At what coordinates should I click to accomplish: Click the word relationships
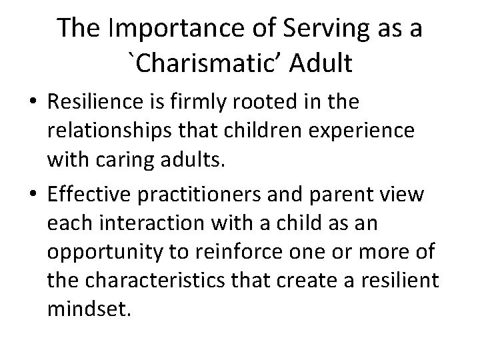click(111, 133)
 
